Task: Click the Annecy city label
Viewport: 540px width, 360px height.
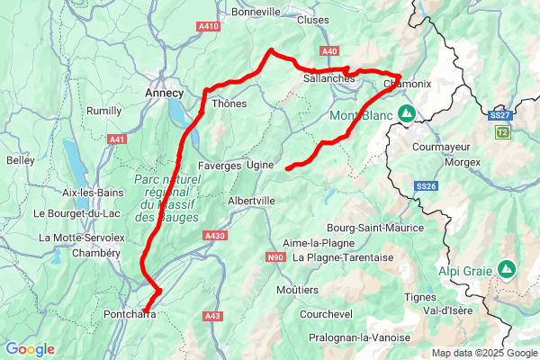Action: [164, 93]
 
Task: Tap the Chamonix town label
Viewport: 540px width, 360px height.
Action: [408, 84]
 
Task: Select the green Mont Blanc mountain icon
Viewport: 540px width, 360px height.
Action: [406, 114]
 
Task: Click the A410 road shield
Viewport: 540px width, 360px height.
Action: [209, 26]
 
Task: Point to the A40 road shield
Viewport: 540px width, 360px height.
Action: [328, 51]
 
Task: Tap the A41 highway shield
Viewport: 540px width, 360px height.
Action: [117, 139]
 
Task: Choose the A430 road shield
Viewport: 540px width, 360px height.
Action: [215, 236]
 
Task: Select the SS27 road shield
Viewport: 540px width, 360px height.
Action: [500, 116]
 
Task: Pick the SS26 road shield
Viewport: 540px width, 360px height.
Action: [426, 186]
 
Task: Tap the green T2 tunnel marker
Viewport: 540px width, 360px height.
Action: [502, 132]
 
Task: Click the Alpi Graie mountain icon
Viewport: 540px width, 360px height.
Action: [507, 268]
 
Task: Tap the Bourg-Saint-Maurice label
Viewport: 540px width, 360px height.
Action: [375, 228]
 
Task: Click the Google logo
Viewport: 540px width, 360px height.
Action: [30, 349]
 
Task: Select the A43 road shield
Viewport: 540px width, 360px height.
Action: [213, 316]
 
